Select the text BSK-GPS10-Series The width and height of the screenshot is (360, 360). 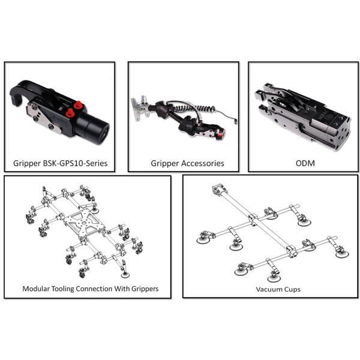[77, 163]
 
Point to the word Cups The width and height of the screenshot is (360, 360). [290, 289]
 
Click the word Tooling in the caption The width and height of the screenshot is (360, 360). [71, 289]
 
